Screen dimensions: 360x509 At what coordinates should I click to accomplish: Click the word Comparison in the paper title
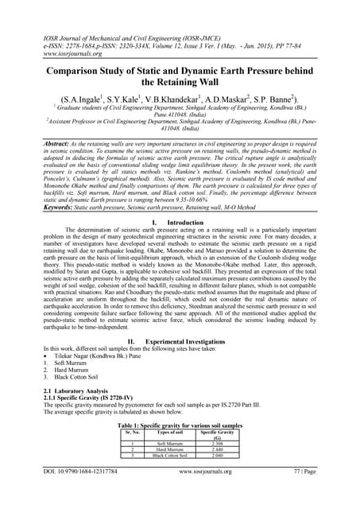coord(75,71)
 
